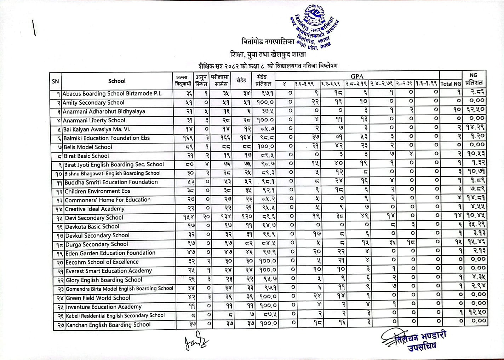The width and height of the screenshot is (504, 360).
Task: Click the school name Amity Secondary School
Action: (x=93, y=103)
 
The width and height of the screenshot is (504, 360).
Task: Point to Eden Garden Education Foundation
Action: (x=110, y=253)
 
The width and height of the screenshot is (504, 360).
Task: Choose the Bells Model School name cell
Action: (x=88, y=147)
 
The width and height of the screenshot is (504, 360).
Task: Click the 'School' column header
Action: (x=117, y=81)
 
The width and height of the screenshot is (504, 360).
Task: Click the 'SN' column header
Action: (x=55, y=81)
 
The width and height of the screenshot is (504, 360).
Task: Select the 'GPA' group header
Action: (x=357, y=76)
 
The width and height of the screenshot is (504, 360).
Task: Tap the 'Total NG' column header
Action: (x=451, y=84)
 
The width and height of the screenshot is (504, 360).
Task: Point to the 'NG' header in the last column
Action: (x=473, y=75)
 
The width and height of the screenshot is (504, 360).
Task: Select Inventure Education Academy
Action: (x=104, y=307)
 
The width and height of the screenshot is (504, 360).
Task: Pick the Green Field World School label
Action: (x=98, y=298)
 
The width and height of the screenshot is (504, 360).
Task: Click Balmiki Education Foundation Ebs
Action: (x=107, y=138)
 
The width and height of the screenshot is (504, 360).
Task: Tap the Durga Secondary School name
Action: (x=97, y=244)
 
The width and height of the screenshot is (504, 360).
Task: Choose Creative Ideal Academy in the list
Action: (x=94, y=209)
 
